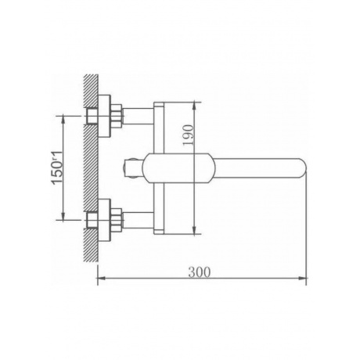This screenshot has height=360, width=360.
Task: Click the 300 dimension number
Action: [x=200, y=272]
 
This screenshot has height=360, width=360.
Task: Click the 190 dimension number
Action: [x=189, y=135]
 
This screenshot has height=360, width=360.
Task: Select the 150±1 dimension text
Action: [x=57, y=167]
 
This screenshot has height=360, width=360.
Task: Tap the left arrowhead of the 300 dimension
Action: [x=101, y=278]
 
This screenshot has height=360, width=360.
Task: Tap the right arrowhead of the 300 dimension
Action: [x=303, y=278]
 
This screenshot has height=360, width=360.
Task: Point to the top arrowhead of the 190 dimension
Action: [x=194, y=106]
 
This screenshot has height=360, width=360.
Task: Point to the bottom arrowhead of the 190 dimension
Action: [x=194, y=230]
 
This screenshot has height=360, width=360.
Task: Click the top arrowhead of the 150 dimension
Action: [x=63, y=120]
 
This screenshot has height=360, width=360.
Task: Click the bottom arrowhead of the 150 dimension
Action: [x=63, y=216]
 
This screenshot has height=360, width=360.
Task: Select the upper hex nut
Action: [x=117, y=116]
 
